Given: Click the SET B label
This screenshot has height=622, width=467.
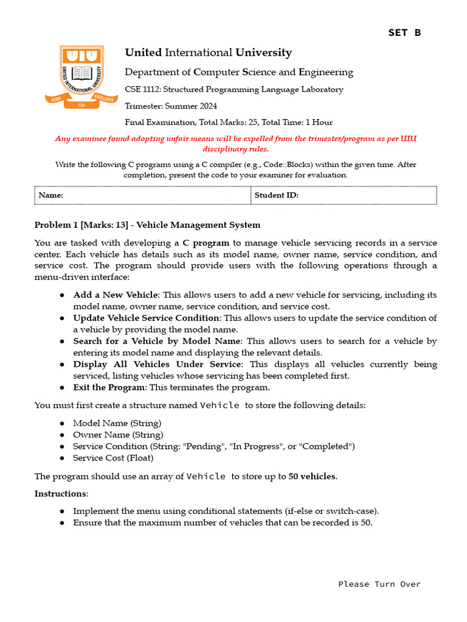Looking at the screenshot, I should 404,33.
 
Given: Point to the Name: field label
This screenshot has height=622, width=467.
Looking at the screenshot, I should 51,195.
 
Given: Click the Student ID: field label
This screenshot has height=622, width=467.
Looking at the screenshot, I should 276,195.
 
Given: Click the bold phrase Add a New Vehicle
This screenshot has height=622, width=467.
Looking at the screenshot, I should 115,295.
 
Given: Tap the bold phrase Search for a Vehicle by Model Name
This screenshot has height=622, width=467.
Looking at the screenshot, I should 157,341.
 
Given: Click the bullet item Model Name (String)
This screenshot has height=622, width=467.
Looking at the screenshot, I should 117,423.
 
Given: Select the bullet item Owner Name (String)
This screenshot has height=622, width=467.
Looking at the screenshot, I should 118,435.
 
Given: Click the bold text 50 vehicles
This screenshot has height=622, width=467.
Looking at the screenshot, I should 312,477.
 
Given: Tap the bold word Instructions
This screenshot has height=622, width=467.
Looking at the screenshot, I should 61,494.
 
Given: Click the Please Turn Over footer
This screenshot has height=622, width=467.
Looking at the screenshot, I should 379,584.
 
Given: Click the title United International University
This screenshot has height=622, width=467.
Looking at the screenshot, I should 208,53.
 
